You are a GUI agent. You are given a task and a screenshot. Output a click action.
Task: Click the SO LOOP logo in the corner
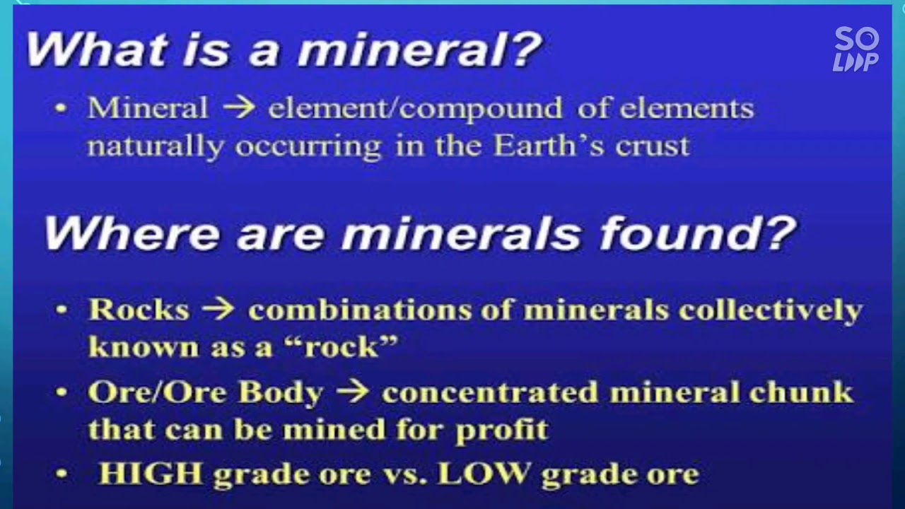coord(856,49)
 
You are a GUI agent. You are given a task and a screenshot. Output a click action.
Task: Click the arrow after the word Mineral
coord(238,109)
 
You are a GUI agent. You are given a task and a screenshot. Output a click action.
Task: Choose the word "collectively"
coord(770,310)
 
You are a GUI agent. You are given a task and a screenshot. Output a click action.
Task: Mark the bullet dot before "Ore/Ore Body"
coord(62,392)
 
